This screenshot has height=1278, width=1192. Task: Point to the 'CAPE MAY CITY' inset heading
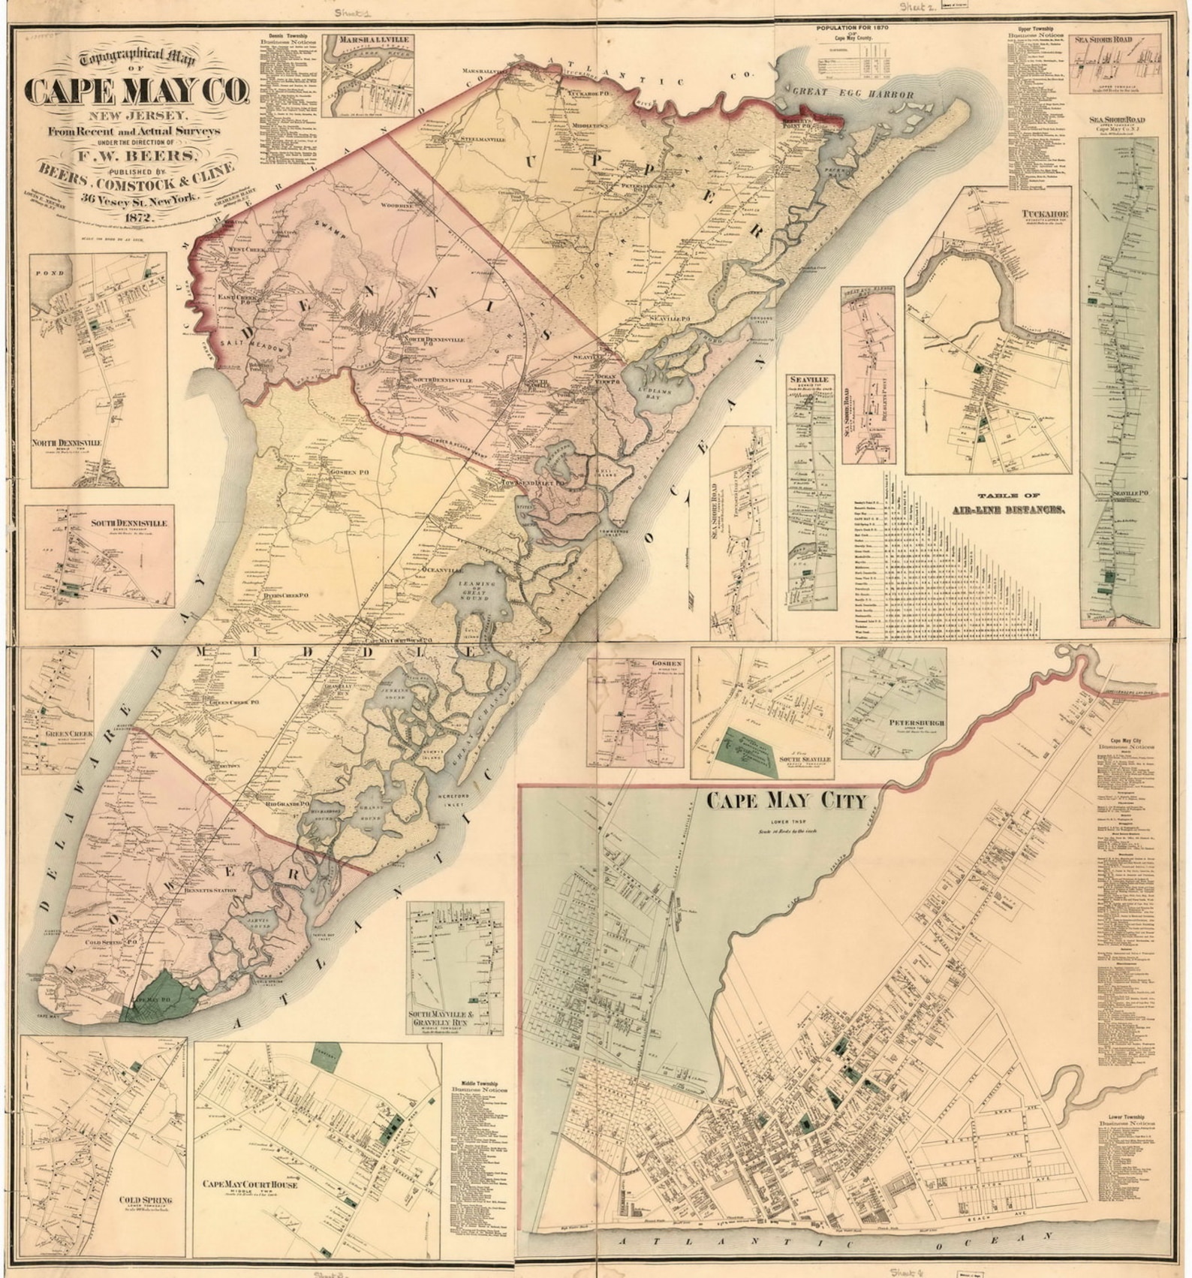tap(787, 800)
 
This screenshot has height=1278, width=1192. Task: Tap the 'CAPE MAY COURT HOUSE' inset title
tap(249, 1184)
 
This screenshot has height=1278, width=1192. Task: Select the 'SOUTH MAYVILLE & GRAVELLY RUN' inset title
tap(454, 1020)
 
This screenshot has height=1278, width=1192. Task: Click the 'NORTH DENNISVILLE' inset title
tap(67, 443)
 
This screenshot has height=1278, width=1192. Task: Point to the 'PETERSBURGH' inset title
tap(917, 723)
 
